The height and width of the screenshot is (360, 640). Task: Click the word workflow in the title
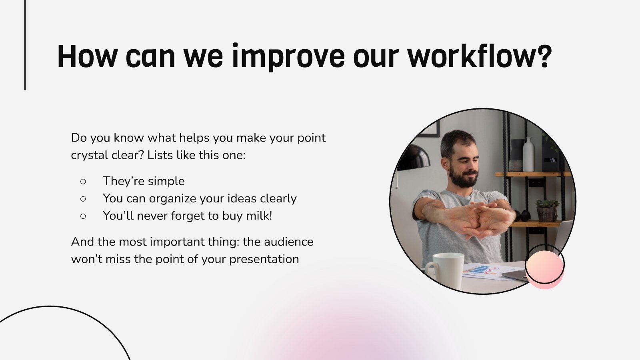coord(472,56)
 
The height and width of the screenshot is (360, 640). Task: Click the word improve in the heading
coord(288,56)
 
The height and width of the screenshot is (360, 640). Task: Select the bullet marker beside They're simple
coord(83,181)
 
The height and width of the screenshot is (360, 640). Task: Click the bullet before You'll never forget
coord(83,216)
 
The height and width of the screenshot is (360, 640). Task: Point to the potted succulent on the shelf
coord(547,210)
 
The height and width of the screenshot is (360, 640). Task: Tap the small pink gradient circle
coord(544,268)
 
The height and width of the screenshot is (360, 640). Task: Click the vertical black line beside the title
coord(25,45)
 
